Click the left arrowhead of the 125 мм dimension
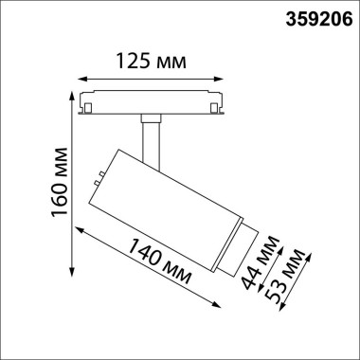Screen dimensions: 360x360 (x=81, y=79)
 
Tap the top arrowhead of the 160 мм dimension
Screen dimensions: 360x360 (x=73, y=96)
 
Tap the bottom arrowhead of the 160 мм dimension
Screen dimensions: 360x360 (x=73, y=276)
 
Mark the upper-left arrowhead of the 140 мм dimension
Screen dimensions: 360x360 (x=80, y=228)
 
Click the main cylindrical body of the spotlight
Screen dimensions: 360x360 (x=163, y=198)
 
